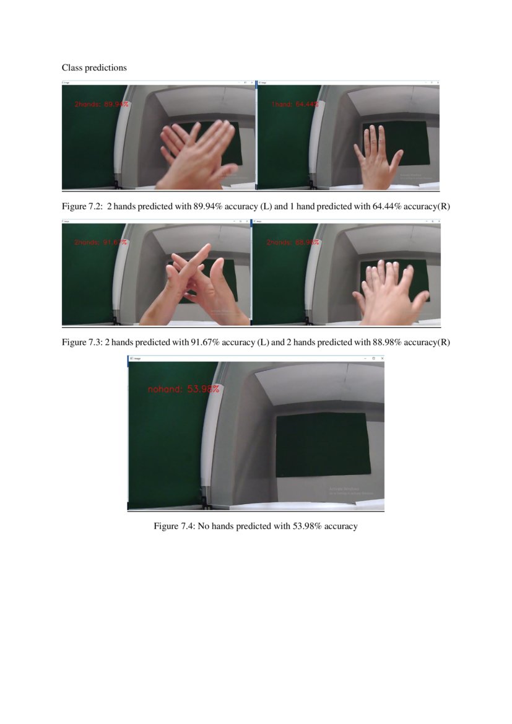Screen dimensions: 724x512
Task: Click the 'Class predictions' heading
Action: (x=94, y=68)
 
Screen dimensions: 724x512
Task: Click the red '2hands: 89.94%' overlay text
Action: (x=102, y=105)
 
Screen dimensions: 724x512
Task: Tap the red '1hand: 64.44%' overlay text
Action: (x=295, y=105)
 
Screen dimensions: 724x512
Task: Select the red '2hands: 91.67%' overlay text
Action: (x=101, y=242)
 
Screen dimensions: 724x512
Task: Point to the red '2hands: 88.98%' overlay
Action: (x=293, y=242)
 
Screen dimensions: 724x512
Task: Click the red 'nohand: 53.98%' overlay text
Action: (x=183, y=389)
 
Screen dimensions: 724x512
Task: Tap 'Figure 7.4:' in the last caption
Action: (x=174, y=526)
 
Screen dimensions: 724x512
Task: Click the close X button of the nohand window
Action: (x=382, y=359)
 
